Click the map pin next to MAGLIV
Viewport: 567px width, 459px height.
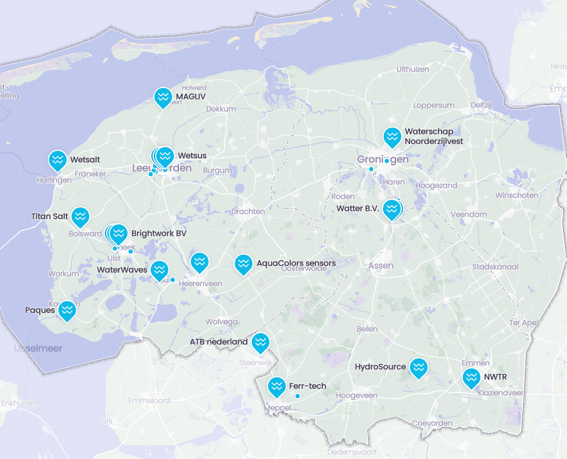click(x=163, y=97)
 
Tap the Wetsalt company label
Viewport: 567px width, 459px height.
click(x=85, y=160)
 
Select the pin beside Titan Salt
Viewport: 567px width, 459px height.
click(x=80, y=217)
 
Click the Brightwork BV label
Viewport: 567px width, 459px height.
click(x=159, y=233)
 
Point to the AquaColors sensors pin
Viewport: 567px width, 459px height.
click(x=243, y=264)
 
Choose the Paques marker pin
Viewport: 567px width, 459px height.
click(x=67, y=311)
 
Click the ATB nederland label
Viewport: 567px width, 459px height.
click(x=219, y=342)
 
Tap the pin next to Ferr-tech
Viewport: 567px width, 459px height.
click(x=276, y=387)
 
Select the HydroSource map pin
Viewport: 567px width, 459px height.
click(x=418, y=368)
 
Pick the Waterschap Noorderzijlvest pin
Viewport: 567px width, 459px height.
click(x=392, y=137)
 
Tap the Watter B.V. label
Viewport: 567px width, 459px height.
click(x=359, y=208)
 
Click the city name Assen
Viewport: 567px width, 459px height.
click(x=381, y=265)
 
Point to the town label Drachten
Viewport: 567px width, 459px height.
click(x=248, y=211)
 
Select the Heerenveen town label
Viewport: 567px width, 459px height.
click(x=201, y=284)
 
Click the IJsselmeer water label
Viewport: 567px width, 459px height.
click(x=38, y=348)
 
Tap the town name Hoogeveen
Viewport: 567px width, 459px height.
click(x=357, y=395)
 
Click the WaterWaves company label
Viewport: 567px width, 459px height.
click(x=122, y=270)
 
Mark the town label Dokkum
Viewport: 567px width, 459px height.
click(x=220, y=109)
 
